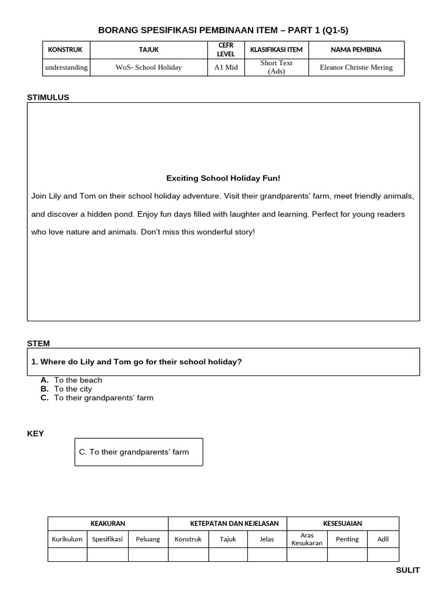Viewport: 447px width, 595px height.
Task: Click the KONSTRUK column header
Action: (65, 50)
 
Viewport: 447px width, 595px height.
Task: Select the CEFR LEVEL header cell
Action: (226, 50)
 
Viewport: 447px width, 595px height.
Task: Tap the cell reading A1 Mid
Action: (226, 67)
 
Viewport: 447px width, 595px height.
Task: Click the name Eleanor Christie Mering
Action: (356, 67)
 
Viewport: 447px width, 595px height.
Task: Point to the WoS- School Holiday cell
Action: (148, 67)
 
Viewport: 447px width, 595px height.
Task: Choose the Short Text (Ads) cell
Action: (276, 67)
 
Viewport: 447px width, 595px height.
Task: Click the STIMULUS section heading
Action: (48, 98)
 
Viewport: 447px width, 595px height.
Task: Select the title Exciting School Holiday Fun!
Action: (223, 178)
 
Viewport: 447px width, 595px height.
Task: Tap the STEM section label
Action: (38, 343)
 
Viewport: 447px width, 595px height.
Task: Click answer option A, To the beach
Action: (77, 380)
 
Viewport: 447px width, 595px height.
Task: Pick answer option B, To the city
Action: (73, 389)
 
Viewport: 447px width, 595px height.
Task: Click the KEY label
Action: (35, 433)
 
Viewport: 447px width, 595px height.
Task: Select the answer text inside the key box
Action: (133, 452)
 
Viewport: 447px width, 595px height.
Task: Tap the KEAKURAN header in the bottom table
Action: (108, 524)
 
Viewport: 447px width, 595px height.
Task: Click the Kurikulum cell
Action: (67, 539)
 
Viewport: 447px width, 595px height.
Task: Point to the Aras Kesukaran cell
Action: (307, 539)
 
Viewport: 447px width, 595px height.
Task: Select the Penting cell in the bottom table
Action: (347, 539)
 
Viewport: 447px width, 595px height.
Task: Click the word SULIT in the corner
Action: (407, 571)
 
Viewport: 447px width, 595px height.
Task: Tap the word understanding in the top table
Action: (66, 67)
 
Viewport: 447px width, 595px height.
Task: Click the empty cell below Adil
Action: (383, 555)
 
